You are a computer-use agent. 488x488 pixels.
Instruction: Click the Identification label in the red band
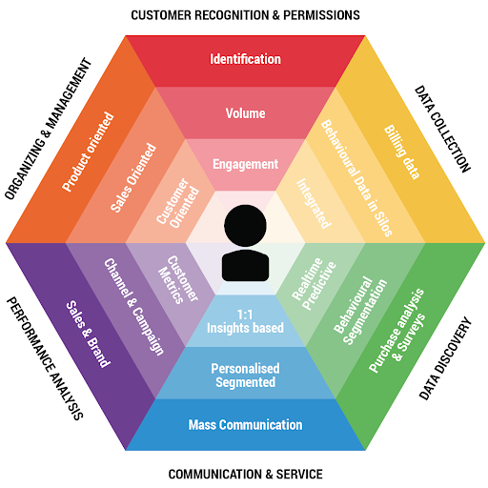click(x=245, y=59)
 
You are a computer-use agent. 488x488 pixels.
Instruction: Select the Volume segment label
click(x=245, y=113)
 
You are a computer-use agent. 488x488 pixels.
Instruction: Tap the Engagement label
click(x=245, y=165)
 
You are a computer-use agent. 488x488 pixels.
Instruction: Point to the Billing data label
click(x=402, y=152)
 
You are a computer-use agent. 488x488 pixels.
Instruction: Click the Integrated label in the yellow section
click(x=314, y=203)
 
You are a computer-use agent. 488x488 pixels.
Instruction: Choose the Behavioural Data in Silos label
click(x=356, y=178)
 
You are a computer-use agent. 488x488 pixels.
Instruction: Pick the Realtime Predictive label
click(x=314, y=284)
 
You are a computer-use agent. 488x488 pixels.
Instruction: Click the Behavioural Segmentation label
click(x=360, y=311)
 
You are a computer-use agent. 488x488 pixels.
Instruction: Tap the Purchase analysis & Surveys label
click(x=396, y=331)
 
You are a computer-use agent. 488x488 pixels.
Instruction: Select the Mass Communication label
click(x=245, y=425)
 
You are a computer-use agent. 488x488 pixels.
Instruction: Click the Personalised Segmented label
click(x=245, y=376)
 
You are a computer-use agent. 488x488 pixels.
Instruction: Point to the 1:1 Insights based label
click(x=245, y=321)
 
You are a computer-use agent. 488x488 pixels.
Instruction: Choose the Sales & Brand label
click(x=89, y=334)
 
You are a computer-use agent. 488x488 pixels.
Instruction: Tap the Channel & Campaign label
click(x=134, y=307)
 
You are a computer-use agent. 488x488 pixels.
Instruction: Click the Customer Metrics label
click(x=178, y=279)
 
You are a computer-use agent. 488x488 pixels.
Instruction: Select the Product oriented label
click(x=88, y=152)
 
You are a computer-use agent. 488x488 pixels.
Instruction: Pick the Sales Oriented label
click(x=133, y=177)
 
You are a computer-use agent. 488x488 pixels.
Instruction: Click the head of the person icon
click(x=245, y=226)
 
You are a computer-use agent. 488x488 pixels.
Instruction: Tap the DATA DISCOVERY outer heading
click(x=445, y=358)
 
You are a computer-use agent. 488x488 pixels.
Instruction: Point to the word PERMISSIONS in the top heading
click(x=321, y=15)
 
